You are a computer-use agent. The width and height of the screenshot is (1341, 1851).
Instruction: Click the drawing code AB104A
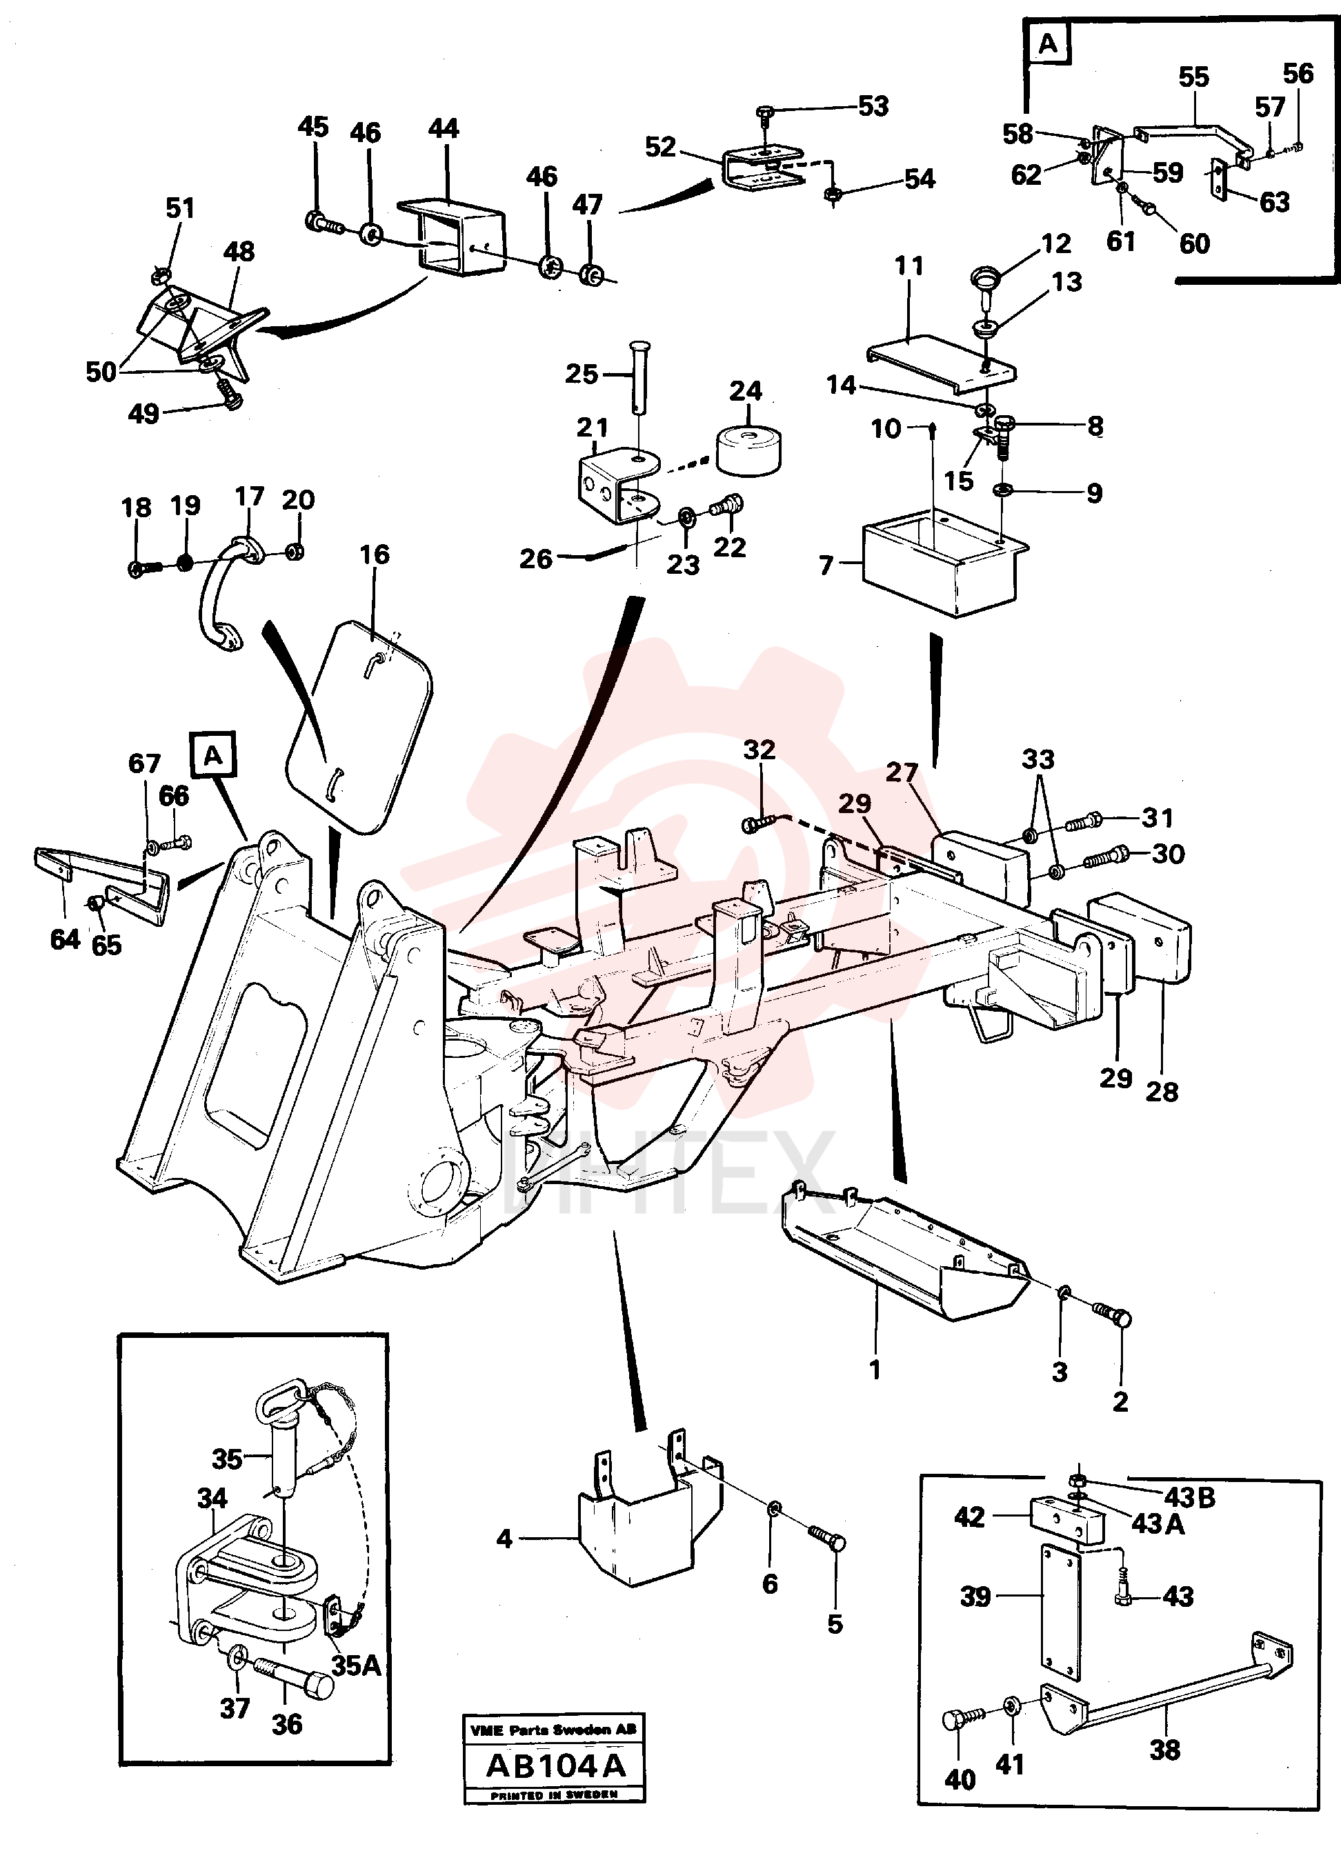pyautogui.click(x=555, y=1765)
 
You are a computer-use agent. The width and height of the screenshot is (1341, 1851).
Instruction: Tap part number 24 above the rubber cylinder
pyautogui.click(x=745, y=391)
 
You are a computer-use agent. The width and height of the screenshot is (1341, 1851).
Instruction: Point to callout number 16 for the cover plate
pyautogui.click(x=375, y=554)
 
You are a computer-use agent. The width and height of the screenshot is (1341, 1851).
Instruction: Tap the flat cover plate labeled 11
pyautogui.click(x=941, y=361)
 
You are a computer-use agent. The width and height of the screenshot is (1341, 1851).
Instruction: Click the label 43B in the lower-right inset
pyautogui.click(x=1189, y=1498)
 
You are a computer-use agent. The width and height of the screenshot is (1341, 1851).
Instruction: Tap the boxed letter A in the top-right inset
pyautogui.click(x=1048, y=43)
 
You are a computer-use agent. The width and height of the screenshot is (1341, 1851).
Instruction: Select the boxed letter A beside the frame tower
pyautogui.click(x=213, y=755)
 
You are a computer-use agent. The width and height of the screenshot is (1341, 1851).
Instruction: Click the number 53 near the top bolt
pyautogui.click(x=873, y=106)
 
